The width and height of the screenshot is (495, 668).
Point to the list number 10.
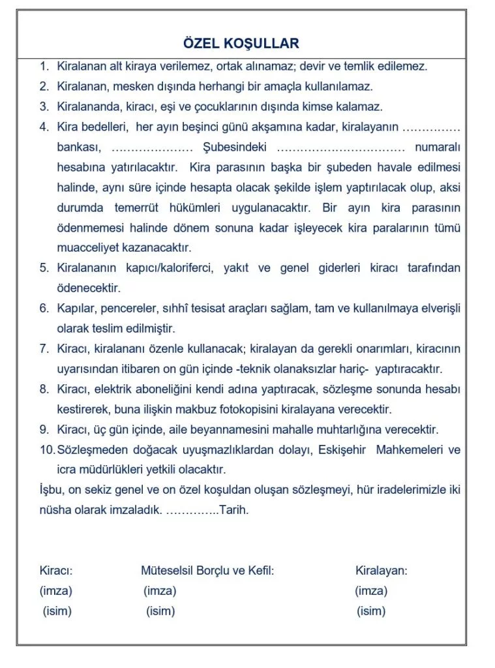point(46,450)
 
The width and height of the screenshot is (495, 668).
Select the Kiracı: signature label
point(56,571)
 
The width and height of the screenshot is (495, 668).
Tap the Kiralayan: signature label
point(381,571)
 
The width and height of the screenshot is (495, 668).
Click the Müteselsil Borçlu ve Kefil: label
point(207,571)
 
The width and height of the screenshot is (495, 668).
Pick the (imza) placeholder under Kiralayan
point(371,591)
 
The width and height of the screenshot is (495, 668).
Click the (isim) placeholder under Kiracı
point(57,611)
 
